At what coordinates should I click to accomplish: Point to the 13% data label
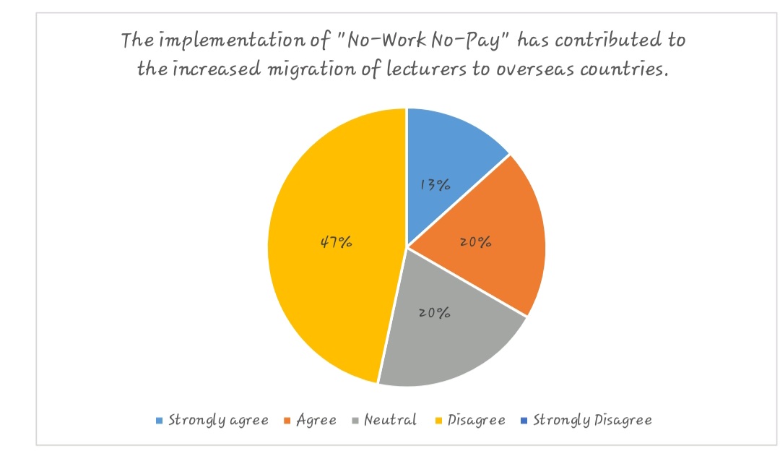click(x=435, y=185)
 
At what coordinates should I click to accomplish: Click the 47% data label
click(x=337, y=243)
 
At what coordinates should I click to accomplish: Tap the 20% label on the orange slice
click(x=476, y=243)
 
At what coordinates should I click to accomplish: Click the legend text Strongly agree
click(x=218, y=420)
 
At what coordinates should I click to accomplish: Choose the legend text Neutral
click(x=391, y=420)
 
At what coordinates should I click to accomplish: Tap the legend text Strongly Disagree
click(x=592, y=420)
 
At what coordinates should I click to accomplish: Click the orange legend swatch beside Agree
click(x=287, y=421)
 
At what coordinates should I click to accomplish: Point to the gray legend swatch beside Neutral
click(x=355, y=421)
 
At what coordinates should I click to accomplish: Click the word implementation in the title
click(x=214, y=40)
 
